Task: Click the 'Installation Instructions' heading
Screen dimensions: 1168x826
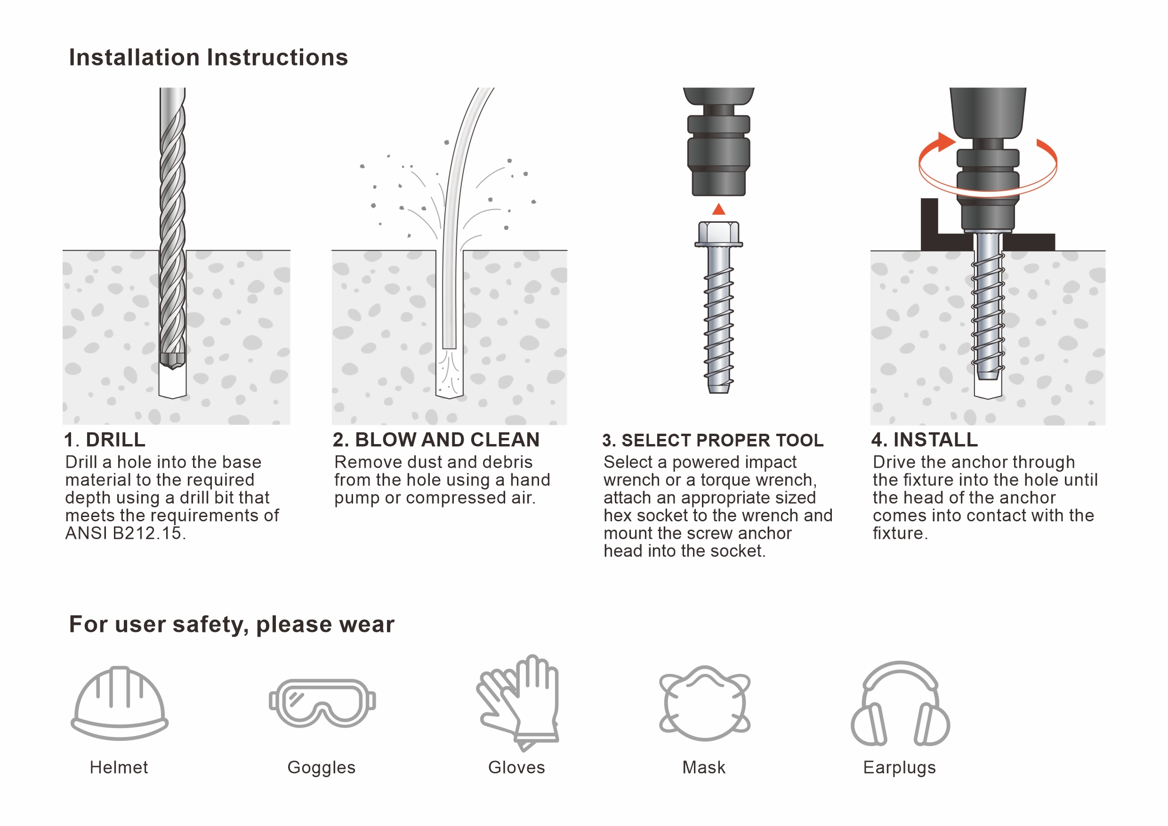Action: [x=209, y=57]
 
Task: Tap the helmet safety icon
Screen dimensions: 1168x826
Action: [x=120, y=703]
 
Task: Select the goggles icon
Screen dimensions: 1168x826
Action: [x=322, y=703]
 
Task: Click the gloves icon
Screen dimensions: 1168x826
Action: [x=518, y=703]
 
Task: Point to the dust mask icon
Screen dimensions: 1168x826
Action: [x=705, y=703]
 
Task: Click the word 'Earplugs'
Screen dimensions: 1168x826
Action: [x=899, y=768]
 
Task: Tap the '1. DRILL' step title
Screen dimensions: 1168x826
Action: [x=105, y=440]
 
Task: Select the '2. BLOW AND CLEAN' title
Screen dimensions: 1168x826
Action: [x=436, y=440]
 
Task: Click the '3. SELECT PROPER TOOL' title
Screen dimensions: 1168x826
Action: [x=713, y=440]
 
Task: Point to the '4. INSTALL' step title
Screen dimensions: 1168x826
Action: [x=924, y=440]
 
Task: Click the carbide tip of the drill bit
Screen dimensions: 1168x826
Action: [x=172, y=360]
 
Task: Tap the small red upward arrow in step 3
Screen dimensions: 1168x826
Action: [x=718, y=209]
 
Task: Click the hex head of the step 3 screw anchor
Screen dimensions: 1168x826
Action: [x=719, y=234]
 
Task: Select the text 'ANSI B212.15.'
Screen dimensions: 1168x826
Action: [x=126, y=534]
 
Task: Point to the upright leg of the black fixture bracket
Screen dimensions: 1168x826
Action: [x=929, y=224]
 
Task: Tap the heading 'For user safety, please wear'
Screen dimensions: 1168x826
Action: [x=232, y=624]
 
